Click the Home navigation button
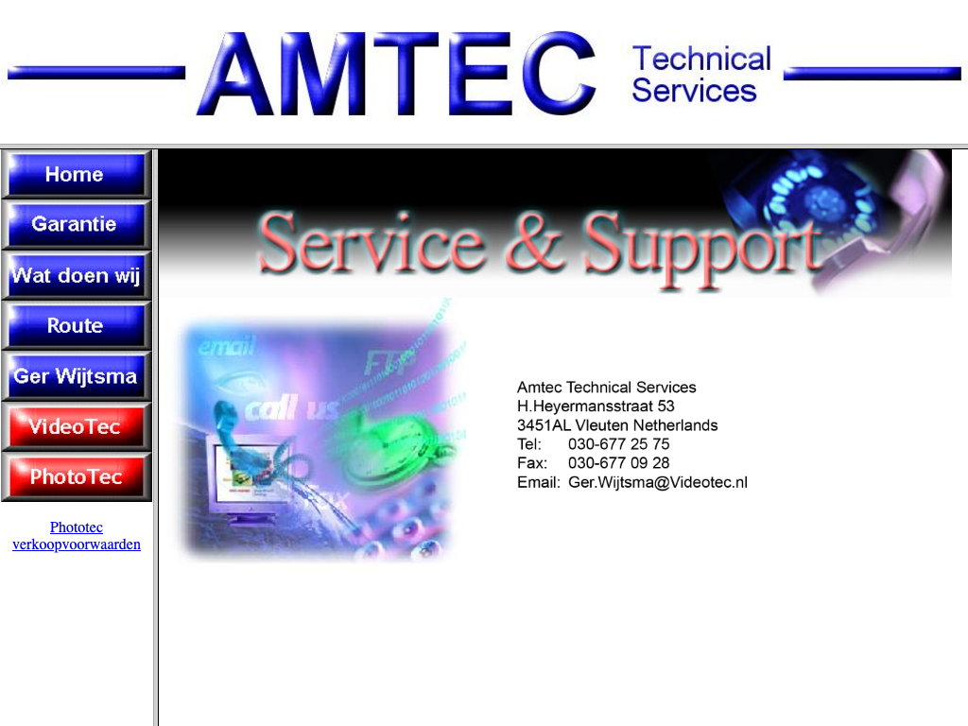click(76, 175)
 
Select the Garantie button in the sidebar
click(76, 225)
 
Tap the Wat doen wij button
click(76, 275)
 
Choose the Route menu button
click(76, 325)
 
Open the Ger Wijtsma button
click(76, 376)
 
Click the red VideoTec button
click(76, 426)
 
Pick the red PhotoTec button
click(76, 476)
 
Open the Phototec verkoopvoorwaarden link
click(77, 536)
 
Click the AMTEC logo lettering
click(396, 74)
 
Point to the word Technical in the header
click(702, 60)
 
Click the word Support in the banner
click(703, 248)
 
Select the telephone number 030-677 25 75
click(618, 444)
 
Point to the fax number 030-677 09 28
click(618, 463)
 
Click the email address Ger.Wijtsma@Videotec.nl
click(658, 482)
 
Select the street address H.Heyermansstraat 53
click(596, 406)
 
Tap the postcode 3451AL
click(544, 425)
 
